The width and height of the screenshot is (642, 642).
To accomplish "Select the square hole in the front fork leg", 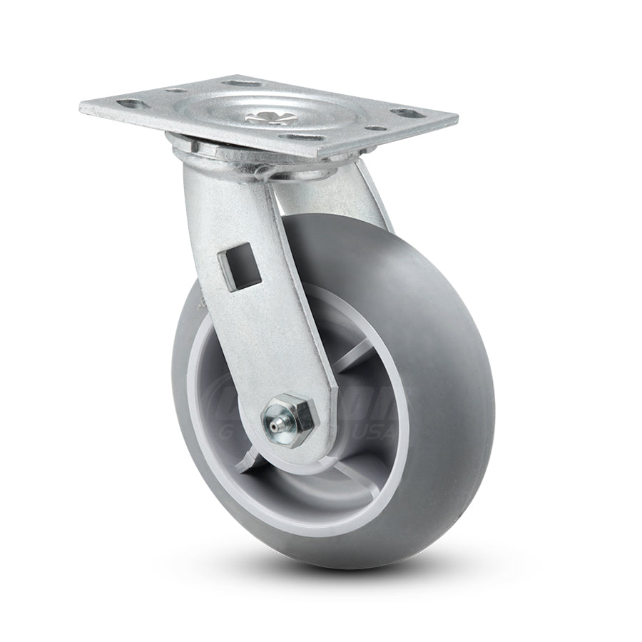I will click(246, 269).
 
